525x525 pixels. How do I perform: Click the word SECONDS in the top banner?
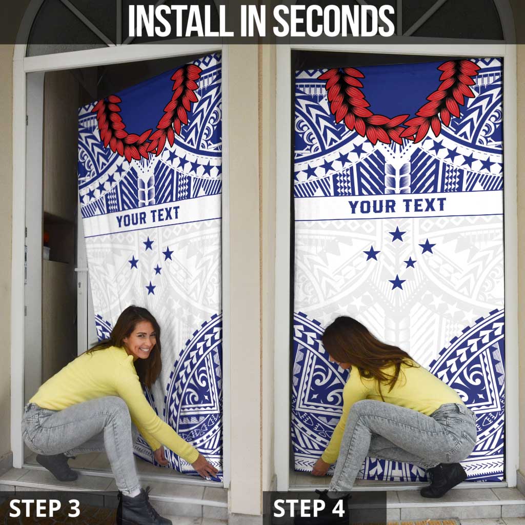pos(334,22)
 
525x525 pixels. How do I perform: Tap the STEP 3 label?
pos(45,508)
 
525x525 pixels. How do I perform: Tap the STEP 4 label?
pos(310,508)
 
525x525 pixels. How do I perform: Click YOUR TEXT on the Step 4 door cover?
pos(397,206)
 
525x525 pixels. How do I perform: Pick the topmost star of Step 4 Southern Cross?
pos(397,234)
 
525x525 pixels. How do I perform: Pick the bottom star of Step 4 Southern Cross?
pos(396,282)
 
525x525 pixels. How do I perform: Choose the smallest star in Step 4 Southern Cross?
pos(410,262)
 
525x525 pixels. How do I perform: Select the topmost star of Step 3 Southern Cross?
pos(148,244)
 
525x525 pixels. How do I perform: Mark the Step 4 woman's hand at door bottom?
pos(320,467)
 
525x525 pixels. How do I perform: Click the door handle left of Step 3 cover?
pos(80,270)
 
